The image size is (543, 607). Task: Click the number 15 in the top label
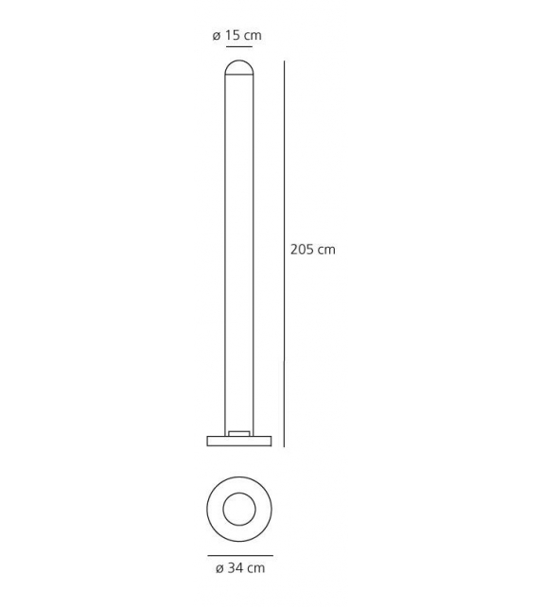tap(233, 36)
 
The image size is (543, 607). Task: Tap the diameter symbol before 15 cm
tap(217, 36)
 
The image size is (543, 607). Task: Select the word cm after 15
tap(252, 36)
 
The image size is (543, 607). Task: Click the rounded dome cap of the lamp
tap(238, 67)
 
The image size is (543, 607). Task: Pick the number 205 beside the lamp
tap(302, 250)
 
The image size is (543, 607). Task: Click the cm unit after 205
tap(326, 250)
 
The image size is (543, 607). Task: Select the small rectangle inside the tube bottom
tap(238, 433)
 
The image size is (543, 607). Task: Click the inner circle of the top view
tap(239, 510)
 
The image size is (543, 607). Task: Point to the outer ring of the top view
tap(216, 510)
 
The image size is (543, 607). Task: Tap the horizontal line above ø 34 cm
tap(239, 556)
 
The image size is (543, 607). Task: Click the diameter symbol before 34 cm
tap(219, 568)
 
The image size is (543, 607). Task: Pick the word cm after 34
tap(256, 568)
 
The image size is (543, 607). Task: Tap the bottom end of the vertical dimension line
tap(284, 445)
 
